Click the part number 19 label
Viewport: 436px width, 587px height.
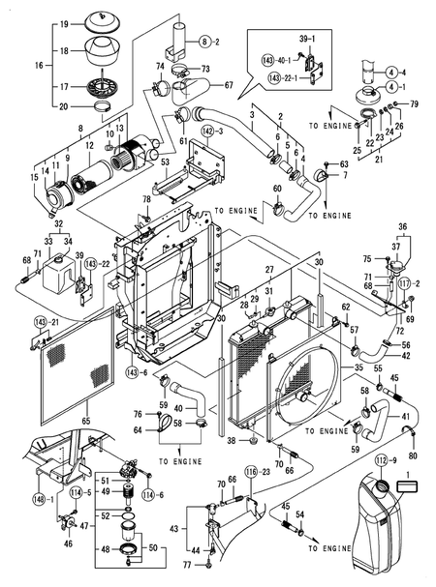(x=64, y=22)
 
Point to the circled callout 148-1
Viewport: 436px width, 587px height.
(x=39, y=499)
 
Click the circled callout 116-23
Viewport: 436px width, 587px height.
(x=255, y=471)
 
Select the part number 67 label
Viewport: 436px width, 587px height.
(x=230, y=85)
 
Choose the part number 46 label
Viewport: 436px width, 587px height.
(x=67, y=544)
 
